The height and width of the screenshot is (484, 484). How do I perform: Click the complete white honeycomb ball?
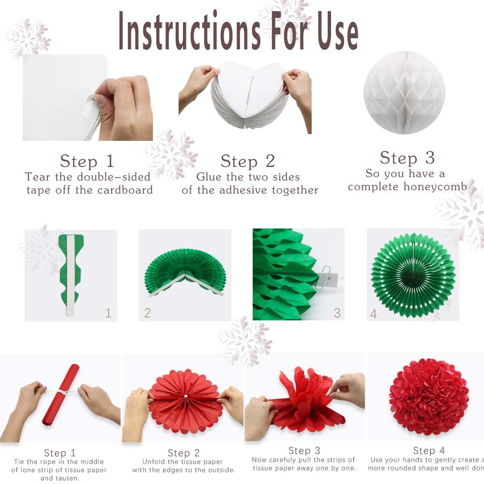404,92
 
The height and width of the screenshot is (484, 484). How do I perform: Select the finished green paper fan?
413,276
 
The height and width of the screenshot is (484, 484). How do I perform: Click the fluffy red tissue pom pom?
429,397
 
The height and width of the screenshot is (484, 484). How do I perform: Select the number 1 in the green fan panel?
108,313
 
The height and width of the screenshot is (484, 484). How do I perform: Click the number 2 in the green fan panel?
148,313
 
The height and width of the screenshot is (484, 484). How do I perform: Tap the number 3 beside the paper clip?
337,313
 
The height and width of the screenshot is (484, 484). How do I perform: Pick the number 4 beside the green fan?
374,314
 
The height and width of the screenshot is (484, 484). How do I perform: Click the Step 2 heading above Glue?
248,161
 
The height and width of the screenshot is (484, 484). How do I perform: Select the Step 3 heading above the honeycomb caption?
408,158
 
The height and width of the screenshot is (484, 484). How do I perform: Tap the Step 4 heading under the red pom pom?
429,450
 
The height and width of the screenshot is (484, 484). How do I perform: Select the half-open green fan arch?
185,272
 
